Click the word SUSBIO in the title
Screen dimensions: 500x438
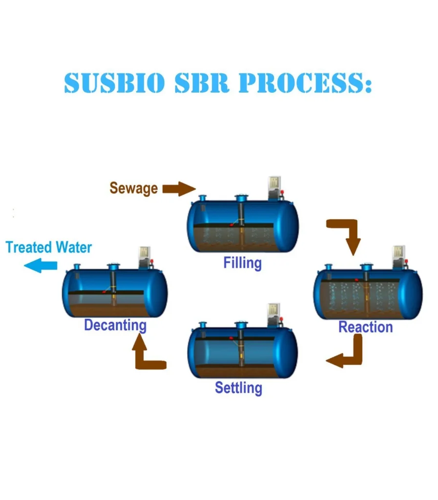coord(114,84)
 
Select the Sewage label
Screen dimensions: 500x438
coord(133,188)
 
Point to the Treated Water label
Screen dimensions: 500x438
coord(48,247)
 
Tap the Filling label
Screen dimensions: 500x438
coord(242,263)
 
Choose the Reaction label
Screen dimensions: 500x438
coord(365,327)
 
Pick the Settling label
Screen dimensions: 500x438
coord(238,388)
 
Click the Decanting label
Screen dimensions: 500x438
coord(115,325)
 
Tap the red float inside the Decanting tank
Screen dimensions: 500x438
coord(104,291)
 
